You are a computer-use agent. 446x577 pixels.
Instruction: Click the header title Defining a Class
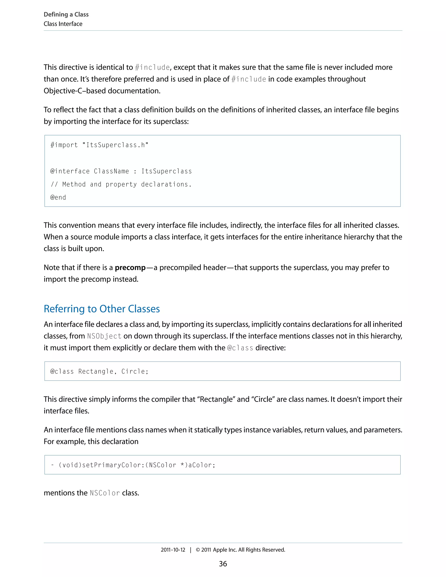coord(66,15)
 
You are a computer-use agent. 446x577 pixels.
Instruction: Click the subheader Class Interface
coord(63,24)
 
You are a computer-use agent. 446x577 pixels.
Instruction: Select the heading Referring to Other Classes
coord(102,309)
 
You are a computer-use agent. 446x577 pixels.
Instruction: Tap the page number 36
coord(223,564)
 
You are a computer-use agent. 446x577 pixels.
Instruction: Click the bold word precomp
coord(130,267)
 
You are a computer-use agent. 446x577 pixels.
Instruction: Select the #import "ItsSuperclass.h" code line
coord(99,145)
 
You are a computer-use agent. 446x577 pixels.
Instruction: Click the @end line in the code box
coord(58,197)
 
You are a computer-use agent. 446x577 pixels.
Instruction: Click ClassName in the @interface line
coord(111,171)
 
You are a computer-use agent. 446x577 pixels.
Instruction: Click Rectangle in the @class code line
coord(96,371)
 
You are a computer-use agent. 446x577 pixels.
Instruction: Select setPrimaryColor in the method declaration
coord(111,465)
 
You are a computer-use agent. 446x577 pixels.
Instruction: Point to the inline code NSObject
coord(104,336)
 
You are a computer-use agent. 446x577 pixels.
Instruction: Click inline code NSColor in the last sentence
coord(105,493)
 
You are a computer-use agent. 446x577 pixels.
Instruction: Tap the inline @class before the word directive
coord(240,348)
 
